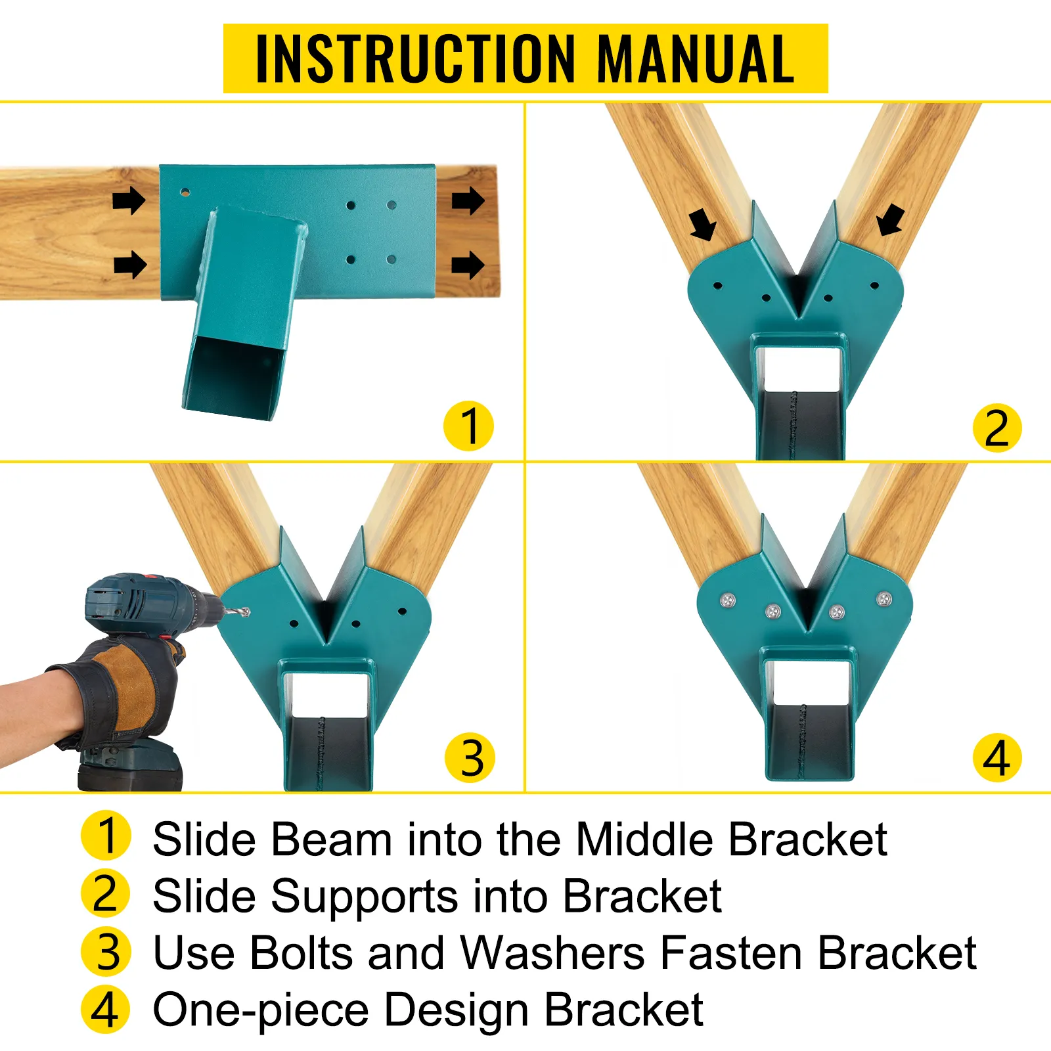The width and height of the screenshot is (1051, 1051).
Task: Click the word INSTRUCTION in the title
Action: [415, 59]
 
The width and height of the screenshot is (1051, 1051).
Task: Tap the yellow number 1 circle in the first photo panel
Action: [468, 426]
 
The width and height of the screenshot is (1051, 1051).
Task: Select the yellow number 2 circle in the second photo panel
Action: [996, 428]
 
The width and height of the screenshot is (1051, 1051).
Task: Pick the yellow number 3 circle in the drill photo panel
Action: [470, 757]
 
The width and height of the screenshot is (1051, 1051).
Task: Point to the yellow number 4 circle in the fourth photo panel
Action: [996, 757]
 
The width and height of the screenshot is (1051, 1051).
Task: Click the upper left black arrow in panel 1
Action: [129, 200]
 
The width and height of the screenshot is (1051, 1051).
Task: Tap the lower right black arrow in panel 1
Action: [468, 265]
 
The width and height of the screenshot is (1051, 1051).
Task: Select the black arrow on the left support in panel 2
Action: [703, 225]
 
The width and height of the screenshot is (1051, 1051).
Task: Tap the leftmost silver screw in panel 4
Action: [727, 600]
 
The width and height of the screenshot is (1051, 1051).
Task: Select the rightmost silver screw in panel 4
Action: [884, 599]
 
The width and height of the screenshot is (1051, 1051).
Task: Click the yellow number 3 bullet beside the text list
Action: [106, 952]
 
